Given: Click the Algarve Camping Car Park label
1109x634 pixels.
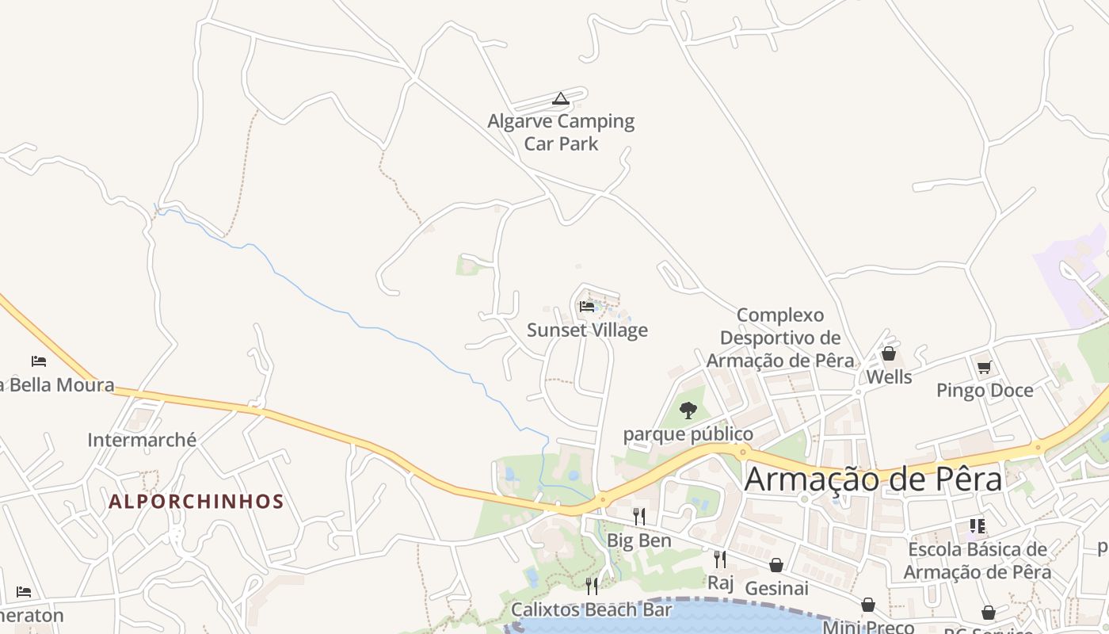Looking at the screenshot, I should (x=561, y=132).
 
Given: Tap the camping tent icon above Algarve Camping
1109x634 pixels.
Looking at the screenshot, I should (x=561, y=99).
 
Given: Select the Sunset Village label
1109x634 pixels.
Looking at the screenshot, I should (x=587, y=330).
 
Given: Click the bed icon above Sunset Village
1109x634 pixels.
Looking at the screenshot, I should (x=587, y=307).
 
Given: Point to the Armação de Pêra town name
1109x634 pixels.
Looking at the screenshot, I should (x=873, y=479).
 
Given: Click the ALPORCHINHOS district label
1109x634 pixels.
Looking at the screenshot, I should (x=196, y=502).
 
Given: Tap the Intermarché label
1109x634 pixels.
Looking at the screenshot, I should (x=142, y=440).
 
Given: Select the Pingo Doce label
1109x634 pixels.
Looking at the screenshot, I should (x=985, y=390).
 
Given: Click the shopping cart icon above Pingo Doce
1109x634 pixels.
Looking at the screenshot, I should (x=985, y=367).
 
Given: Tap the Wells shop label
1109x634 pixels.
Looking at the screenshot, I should (x=889, y=376).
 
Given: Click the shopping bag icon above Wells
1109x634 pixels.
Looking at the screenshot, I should (x=889, y=353).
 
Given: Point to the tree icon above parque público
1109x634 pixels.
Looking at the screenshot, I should (x=688, y=411).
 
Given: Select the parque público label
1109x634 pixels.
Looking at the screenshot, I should (x=688, y=434).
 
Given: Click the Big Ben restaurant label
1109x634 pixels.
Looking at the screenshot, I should (x=639, y=540).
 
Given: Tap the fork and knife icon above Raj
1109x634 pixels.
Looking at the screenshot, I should (x=720, y=560).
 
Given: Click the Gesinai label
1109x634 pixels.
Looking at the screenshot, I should (x=776, y=588).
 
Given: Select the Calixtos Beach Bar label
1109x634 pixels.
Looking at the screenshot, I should (x=591, y=609).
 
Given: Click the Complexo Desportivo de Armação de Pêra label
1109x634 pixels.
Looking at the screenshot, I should (x=780, y=338).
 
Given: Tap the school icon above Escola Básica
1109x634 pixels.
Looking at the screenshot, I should (x=978, y=526).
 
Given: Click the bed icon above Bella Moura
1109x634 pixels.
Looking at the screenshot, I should (x=39, y=361).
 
